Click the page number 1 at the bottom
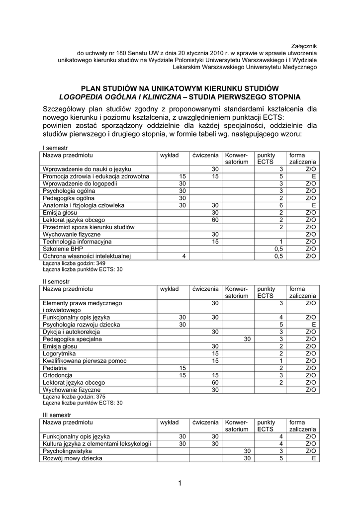(x=180, y=483)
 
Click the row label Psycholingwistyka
(x=67, y=451)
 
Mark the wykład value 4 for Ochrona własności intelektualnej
(x=183, y=256)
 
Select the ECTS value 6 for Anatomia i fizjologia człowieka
(x=281, y=205)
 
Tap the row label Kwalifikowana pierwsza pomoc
(x=84, y=361)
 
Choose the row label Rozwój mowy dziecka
(x=72, y=458)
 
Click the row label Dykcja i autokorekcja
(x=71, y=332)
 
